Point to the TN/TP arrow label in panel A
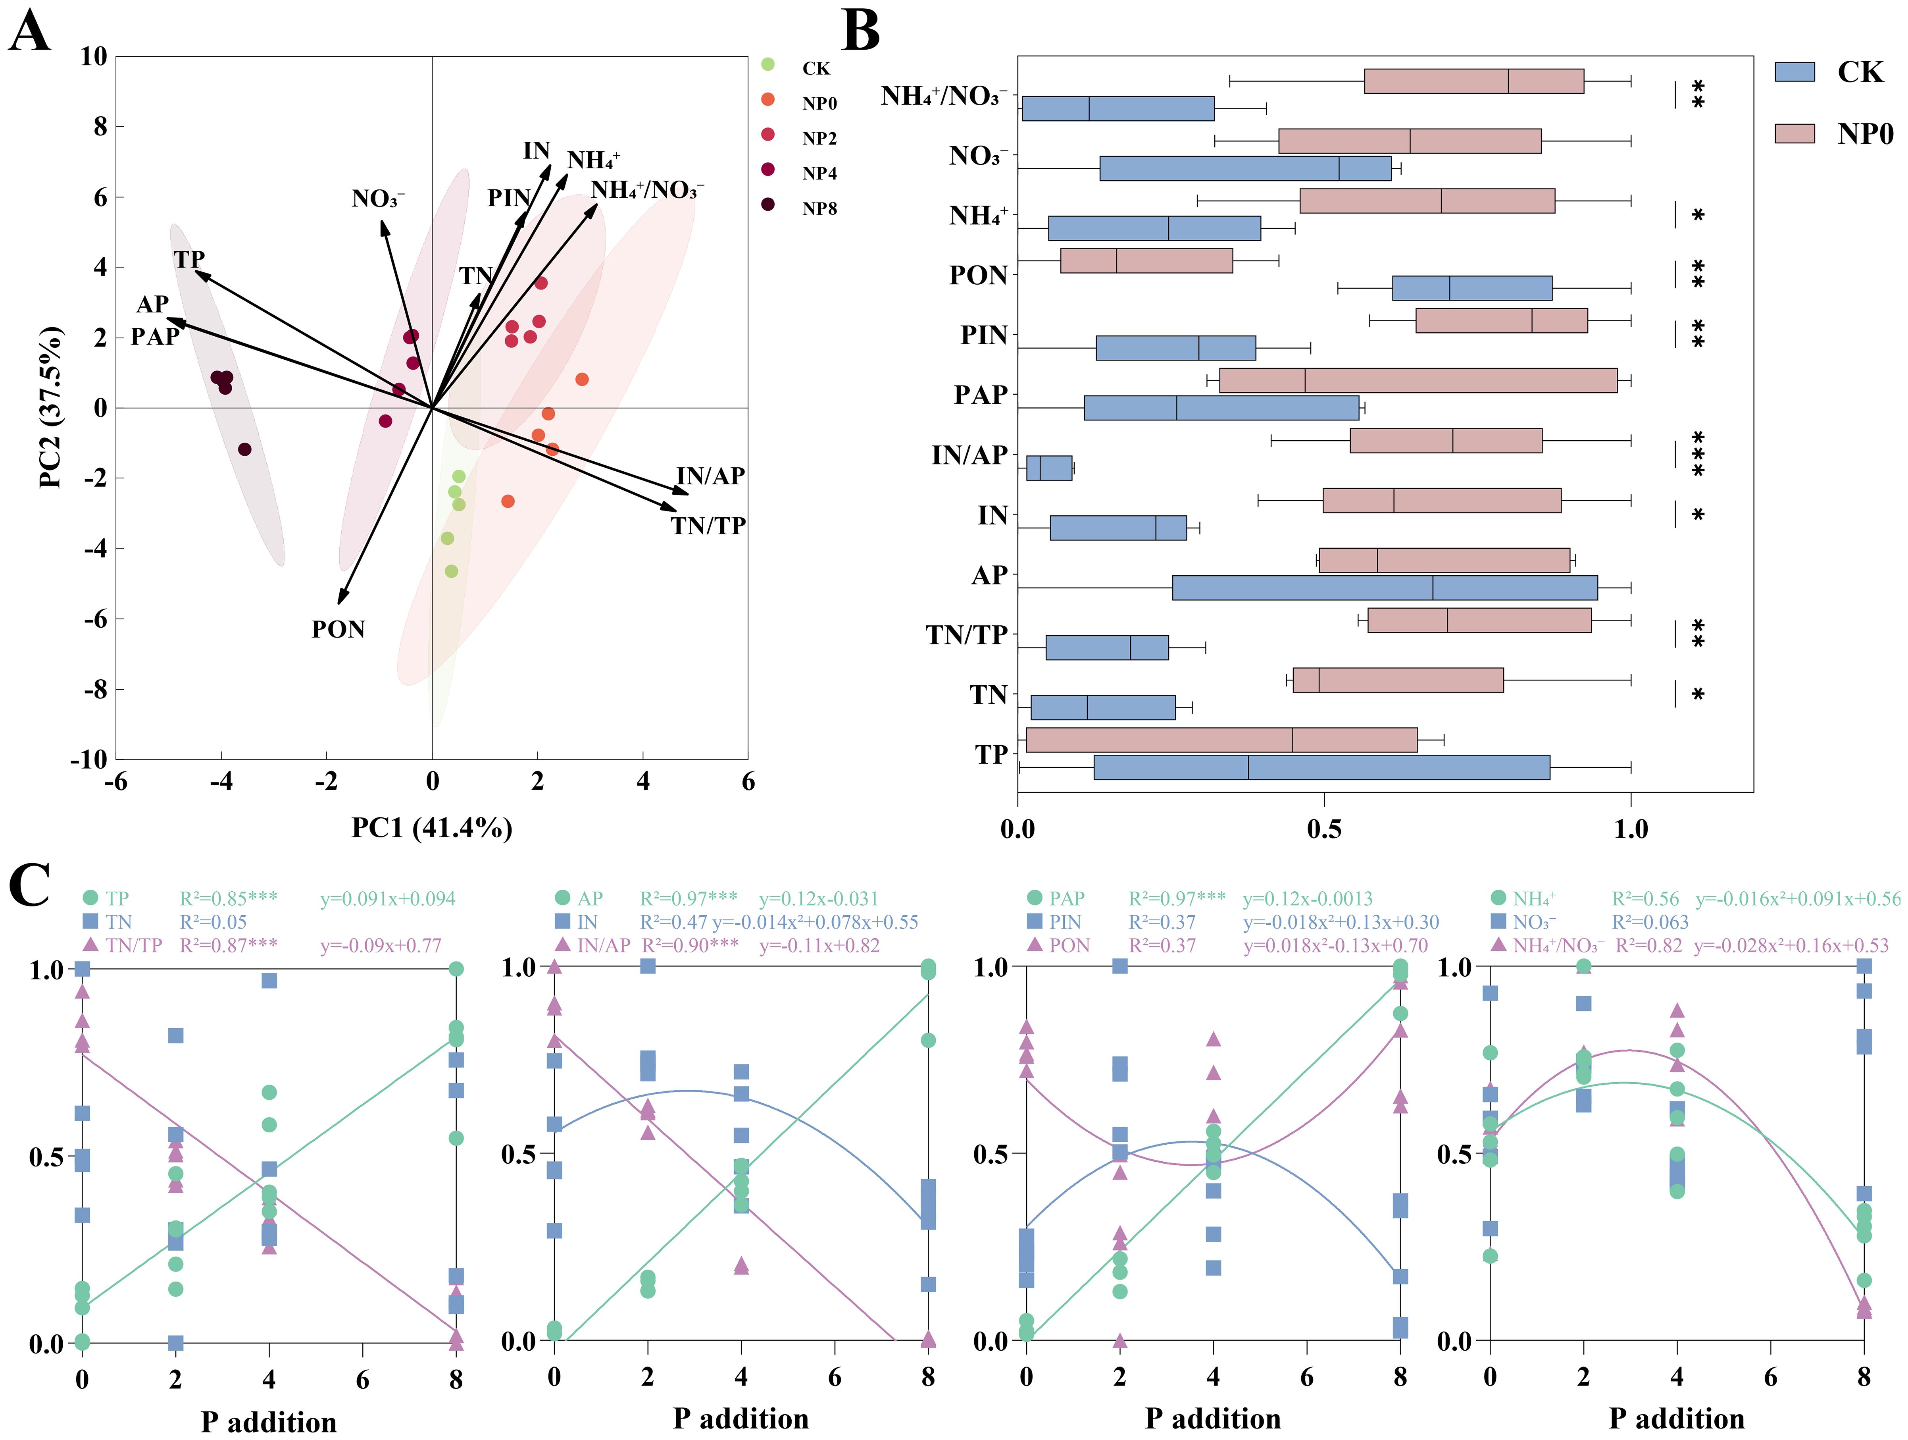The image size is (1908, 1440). coord(708,525)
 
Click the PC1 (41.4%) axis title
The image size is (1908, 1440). coord(431,828)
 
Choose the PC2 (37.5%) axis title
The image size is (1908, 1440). coord(52,407)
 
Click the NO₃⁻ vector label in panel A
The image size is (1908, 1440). coord(377,199)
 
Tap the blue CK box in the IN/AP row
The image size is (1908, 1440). coord(1049,468)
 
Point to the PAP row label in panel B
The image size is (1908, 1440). coord(981,395)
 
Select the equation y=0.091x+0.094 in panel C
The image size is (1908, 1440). coord(387,899)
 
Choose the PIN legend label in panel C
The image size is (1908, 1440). coord(1065,922)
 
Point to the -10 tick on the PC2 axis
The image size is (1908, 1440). coord(89,759)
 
